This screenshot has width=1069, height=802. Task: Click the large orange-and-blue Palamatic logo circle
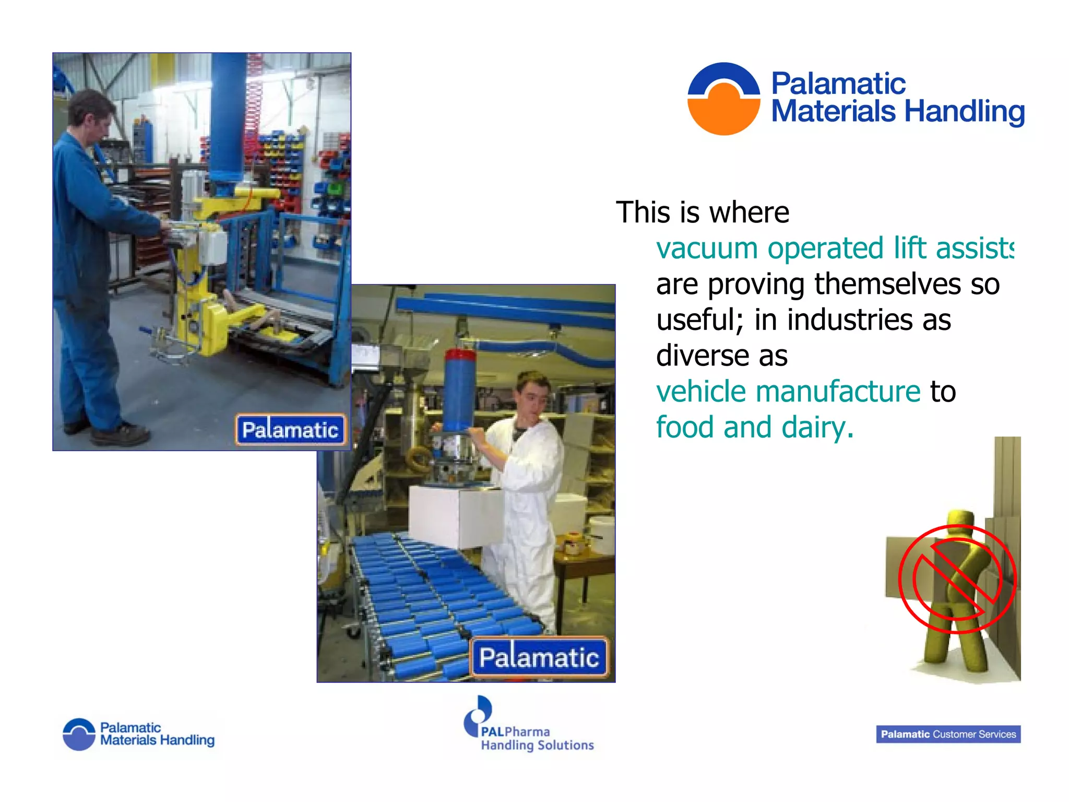pyautogui.click(x=723, y=99)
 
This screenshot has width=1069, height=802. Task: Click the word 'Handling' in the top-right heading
pyautogui.click(x=965, y=112)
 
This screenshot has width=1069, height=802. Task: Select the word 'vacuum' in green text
pyautogui.click(x=707, y=249)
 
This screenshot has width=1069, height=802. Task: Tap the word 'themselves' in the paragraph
pyautogui.click(x=887, y=285)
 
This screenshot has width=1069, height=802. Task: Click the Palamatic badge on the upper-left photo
pyautogui.click(x=290, y=430)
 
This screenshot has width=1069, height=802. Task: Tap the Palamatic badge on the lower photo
pyautogui.click(x=539, y=657)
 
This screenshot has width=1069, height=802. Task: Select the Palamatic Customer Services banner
pyautogui.click(x=948, y=734)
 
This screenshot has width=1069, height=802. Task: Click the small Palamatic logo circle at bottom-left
pyautogui.click(x=79, y=734)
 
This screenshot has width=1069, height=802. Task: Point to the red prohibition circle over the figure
pyautogui.click(x=957, y=579)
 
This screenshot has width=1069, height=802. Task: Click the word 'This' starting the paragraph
pyautogui.click(x=643, y=213)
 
